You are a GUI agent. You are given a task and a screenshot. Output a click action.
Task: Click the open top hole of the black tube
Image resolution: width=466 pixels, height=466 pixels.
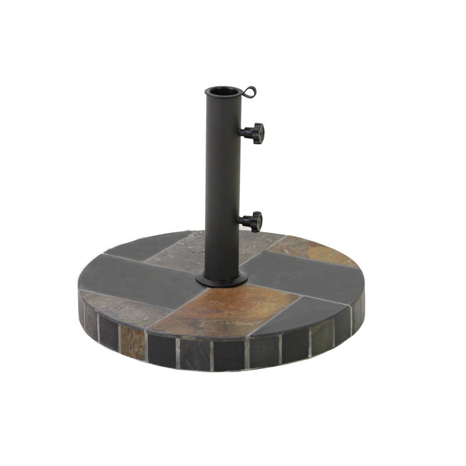tap(222, 91)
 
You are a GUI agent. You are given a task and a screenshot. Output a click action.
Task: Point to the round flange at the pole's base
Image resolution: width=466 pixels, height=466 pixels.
tap(220, 281)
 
